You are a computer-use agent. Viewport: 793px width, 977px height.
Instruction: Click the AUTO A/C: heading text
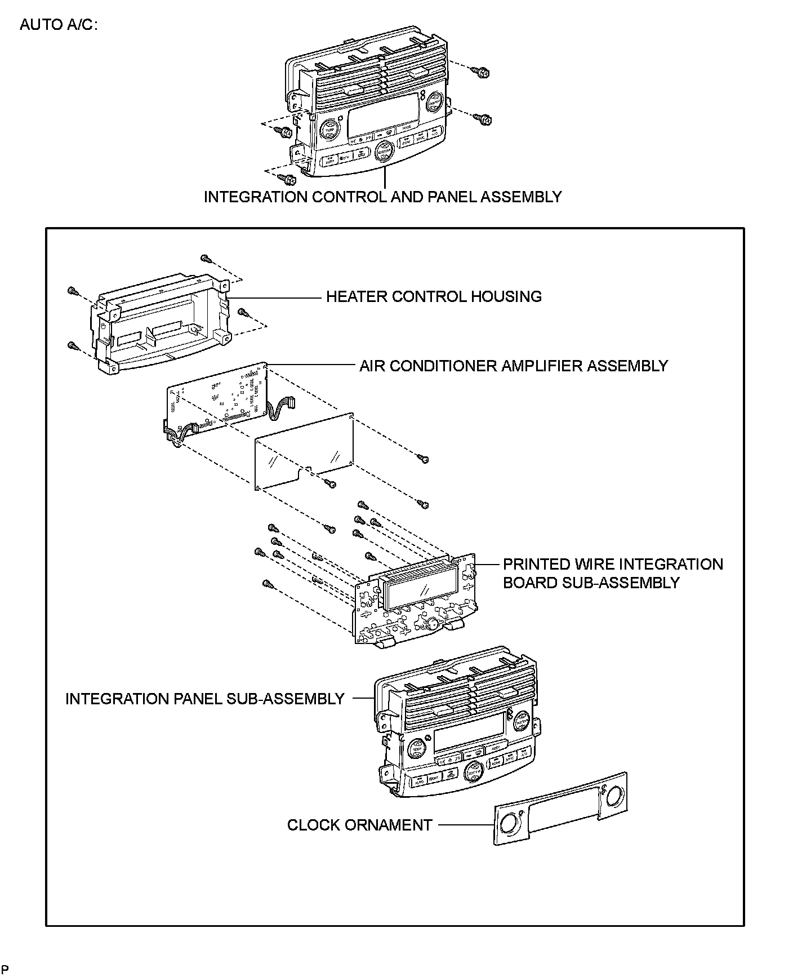pos(59,25)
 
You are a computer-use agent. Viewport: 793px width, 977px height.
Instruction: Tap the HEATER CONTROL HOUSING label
pos(434,297)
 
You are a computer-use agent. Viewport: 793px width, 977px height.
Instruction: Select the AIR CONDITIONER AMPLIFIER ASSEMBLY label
pos(513,366)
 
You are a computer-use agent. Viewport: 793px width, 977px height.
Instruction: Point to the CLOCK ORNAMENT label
pos(359,825)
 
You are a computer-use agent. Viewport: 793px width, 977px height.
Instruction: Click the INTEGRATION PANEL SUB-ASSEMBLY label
pos(204,699)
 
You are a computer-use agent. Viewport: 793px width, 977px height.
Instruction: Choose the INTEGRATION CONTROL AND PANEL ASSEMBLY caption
pos(382,197)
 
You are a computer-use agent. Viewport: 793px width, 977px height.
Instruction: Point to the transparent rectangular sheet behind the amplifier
pos(304,448)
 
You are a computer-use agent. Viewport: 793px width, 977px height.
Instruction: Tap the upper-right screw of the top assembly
pos(484,72)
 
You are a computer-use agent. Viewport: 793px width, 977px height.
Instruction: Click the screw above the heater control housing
pos(206,259)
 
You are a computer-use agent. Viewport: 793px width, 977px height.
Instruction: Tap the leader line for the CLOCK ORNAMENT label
pos(465,825)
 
